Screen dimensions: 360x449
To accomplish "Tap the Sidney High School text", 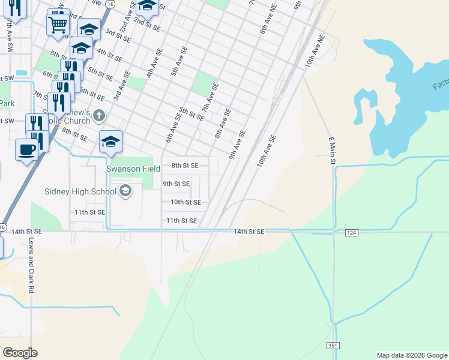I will pyautogui.click(x=80, y=192).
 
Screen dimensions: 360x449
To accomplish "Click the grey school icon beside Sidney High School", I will pyautogui.click(x=125, y=191).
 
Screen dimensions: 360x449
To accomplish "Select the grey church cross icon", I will pyautogui.click(x=99, y=115).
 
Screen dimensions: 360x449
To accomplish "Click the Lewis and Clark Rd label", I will pyautogui.click(x=30, y=264).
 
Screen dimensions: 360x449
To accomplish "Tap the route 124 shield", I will pyautogui.click(x=352, y=232).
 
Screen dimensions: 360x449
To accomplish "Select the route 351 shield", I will pyautogui.click(x=333, y=346).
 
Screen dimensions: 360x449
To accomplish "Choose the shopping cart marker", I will pyautogui.click(x=58, y=23).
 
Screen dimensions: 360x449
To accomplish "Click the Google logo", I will pyautogui.click(x=20, y=353).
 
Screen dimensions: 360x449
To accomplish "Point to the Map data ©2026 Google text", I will pyautogui.click(x=412, y=355).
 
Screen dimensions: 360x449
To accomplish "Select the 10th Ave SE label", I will pyautogui.click(x=267, y=150).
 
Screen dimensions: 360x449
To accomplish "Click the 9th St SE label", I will pyautogui.click(x=176, y=184).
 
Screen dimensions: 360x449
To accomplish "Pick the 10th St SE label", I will pyautogui.click(x=185, y=203).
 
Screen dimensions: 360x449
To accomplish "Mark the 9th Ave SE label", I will pyautogui.click(x=237, y=145).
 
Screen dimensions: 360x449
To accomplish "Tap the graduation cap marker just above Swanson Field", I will pyautogui.click(x=110, y=141).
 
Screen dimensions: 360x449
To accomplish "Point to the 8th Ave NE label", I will pyautogui.click(x=267, y=20).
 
